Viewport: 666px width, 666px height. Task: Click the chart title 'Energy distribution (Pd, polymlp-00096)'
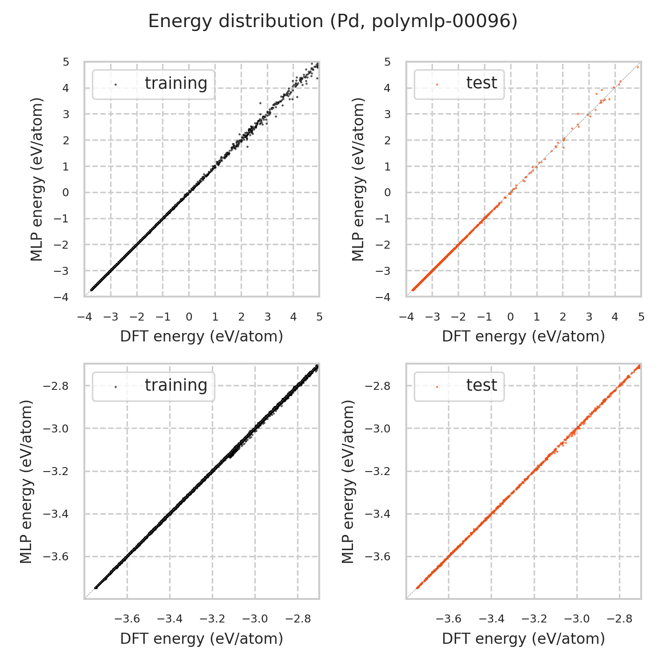tap(333, 21)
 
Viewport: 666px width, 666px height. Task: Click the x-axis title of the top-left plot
tap(202, 337)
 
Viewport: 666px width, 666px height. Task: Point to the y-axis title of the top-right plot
tap(358, 179)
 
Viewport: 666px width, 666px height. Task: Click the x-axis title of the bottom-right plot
tap(523, 638)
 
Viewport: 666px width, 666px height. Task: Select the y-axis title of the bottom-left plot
tap(26, 481)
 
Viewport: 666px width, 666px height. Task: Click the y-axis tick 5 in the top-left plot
tap(66, 62)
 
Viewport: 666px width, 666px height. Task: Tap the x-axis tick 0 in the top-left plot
tap(189, 317)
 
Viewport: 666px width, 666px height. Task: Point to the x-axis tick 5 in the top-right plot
tap(641, 317)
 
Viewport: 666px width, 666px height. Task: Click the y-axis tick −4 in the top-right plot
tap(385, 297)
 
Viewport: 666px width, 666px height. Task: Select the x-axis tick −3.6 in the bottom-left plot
tap(128, 619)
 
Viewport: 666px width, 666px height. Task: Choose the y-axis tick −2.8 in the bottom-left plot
tap(55, 386)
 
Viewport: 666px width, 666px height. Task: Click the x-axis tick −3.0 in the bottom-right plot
tap(577, 619)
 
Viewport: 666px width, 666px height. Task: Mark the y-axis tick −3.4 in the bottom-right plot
tap(377, 514)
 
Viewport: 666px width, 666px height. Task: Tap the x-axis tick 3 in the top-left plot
tap(267, 317)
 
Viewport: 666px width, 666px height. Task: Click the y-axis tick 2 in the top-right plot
tap(388, 140)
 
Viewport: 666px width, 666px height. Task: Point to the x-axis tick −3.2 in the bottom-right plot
tap(535, 619)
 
